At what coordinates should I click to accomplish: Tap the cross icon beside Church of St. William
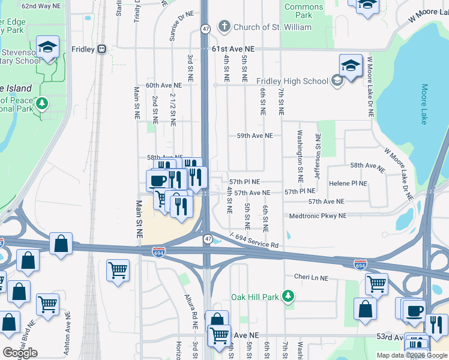pos(224,26)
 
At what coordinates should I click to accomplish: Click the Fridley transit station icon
pos(102,49)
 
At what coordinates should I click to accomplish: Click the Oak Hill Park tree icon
pos(289,296)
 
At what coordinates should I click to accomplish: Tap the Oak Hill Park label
pos(256,297)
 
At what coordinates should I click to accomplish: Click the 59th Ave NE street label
pos(255,136)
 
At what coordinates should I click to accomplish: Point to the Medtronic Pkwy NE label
pos(318,216)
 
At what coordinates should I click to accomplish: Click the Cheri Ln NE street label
pos(312,278)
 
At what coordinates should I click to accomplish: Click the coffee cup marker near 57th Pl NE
pos(158,179)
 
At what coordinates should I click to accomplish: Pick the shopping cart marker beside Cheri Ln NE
pos(376,283)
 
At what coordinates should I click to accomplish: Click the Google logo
pos(20,353)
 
